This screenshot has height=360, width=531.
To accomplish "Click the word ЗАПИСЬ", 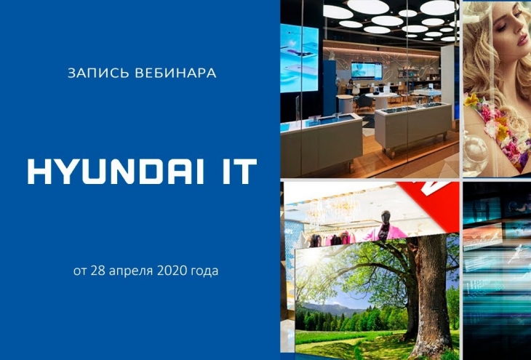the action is pyautogui.click(x=98, y=73).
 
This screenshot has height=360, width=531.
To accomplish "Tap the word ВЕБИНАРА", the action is pyautogui.click(x=176, y=73).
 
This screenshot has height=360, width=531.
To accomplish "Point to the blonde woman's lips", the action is pyautogui.click(x=522, y=52).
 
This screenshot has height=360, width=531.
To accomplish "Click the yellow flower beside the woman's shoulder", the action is pyautogui.click(x=472, y=100).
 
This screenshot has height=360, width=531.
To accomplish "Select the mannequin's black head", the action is pyautogui.click(x=386, y=216).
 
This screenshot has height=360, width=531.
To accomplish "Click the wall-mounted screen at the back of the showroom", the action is pyautogui.click(x=367, y=71).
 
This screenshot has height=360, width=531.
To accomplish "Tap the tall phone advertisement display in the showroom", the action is pyautogui.click(x=300, y=58).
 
